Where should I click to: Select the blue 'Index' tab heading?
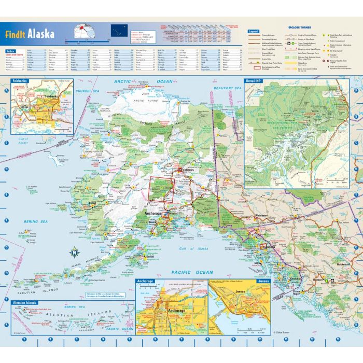[11, 51]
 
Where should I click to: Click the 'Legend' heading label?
[254, 31]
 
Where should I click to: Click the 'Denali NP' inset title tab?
[255, 81]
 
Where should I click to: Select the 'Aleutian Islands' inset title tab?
[24, 301]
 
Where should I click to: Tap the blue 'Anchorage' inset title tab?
[145, 281]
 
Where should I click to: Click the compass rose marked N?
[75, 253]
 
